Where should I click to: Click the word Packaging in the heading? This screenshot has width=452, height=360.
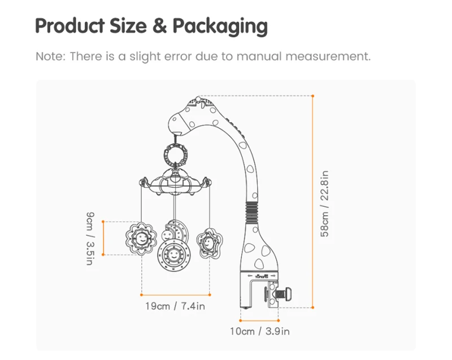tap(220, 27)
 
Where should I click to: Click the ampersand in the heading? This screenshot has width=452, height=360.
tap(160, 25)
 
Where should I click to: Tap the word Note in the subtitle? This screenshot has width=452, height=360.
tap(50, 56)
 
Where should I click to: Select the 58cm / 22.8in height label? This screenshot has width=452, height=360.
tap(324, 203)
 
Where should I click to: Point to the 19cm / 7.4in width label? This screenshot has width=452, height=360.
tap(175, 306)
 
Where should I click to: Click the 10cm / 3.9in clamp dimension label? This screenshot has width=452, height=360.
tap(260, 331)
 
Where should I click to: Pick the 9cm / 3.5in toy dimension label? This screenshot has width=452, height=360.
tap(90, 238)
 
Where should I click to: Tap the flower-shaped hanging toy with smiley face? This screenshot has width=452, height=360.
tap(141, 238)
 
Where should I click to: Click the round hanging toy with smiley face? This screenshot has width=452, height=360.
tap(174, 255)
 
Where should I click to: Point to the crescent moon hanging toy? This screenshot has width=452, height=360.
tap(180, 229)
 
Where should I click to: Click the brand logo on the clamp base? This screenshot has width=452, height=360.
tap(262, 276)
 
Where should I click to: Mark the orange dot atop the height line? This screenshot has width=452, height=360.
tap(313, 96)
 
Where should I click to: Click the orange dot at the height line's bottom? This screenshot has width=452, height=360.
tap(313, 307)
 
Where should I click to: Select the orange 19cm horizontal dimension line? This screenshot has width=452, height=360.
tap(176, 295)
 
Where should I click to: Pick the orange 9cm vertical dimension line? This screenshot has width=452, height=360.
tap(103, 238)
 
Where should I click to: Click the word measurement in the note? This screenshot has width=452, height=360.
tap(328, 56)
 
